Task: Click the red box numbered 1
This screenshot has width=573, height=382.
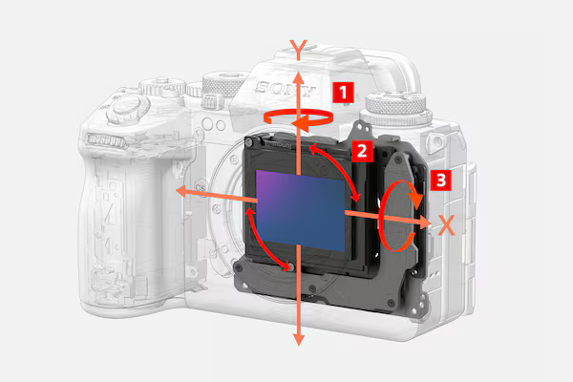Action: click(343, 92)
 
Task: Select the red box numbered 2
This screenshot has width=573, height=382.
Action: click(362, 151)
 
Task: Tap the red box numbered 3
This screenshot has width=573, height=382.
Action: click(440, 180)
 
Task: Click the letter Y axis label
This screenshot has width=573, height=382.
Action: click(299, 50)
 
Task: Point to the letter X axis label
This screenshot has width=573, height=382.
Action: click(446, 225)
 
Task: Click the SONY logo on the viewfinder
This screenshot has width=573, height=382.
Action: click(285, 89)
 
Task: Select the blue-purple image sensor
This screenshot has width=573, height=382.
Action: click(301, 211)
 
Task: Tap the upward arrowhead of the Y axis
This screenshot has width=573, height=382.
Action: click(299, 78)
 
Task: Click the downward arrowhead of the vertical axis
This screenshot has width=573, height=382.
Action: click(299, 339)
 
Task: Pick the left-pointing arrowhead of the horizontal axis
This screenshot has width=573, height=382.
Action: click(182, 191)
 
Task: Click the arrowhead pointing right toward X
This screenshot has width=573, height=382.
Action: click(425, 222)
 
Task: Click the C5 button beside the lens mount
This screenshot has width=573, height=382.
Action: click(201, 187)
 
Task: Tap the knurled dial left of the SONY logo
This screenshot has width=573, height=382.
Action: click(223, 85)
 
